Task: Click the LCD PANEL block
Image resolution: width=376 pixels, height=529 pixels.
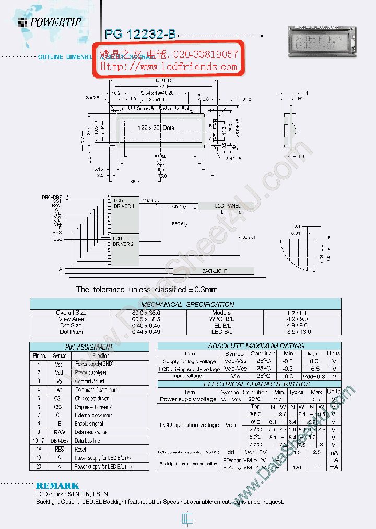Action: tap(228, 206)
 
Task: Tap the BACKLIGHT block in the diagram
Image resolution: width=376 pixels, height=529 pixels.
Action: tap(214, 271)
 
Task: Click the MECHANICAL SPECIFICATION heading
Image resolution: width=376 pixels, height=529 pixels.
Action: tap(187, 304)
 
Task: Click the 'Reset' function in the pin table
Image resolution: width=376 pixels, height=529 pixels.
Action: tap(80, 449)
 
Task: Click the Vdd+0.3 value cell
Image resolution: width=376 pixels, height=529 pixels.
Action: tap(314, 376)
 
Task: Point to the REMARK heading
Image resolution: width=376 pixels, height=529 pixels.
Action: tap(57, 486)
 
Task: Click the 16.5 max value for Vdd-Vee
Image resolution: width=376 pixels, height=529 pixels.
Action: tap(314, 369)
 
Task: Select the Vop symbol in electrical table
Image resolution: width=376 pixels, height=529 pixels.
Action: tap(230, 425)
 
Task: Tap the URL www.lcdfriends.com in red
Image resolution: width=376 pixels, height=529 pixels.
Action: tap(169, 67)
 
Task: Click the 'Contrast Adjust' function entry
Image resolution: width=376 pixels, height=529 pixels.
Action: tap(89, 381)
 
